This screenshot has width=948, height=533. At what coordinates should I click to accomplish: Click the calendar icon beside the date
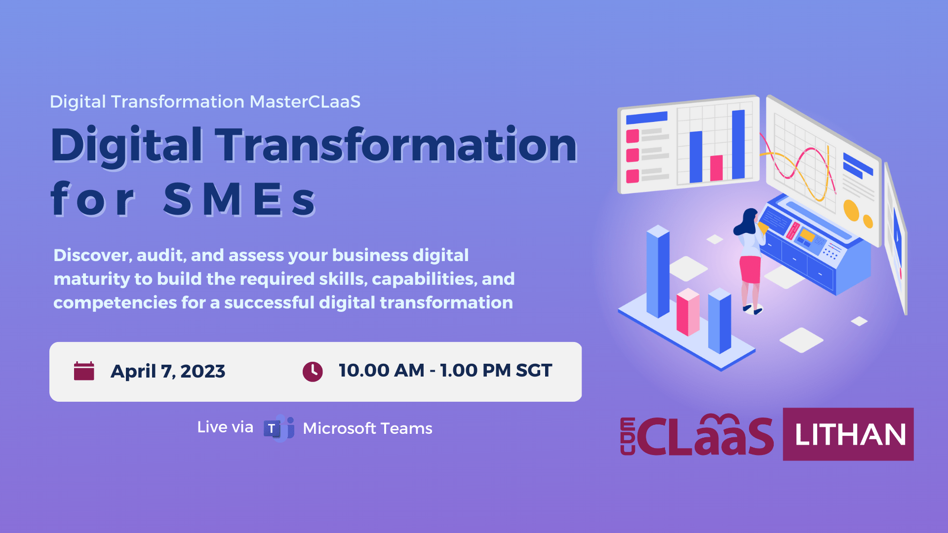click(84, 371)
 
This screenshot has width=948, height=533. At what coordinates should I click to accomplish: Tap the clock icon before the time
click(313, 372)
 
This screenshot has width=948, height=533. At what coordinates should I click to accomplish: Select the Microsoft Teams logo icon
click(279, 428)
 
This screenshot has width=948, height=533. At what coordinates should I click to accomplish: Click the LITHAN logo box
click(848, 434)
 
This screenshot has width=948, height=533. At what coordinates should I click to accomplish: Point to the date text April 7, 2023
click(168, 371)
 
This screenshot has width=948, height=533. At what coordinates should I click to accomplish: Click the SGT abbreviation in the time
click(534, 370)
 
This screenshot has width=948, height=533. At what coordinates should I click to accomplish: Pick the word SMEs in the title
click(239, 199)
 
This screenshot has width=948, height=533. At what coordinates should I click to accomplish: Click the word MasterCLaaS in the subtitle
click(305, 102)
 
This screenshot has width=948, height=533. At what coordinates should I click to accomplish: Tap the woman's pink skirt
click(750, 269)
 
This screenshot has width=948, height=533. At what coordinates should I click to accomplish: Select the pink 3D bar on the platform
click(688, 312)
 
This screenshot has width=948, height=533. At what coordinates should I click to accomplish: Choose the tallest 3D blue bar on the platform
click(658, 271)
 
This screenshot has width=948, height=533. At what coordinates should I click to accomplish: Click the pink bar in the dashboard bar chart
click(716, 168)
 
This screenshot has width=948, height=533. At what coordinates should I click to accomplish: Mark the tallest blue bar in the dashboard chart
click(738, 144)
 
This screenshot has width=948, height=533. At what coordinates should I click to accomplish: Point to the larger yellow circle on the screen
click(851, 210)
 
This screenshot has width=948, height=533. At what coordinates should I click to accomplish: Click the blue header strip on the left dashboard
click(647, 118)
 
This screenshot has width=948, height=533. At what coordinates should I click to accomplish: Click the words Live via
click(225, 427)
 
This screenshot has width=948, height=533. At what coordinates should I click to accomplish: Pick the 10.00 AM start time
click(381, 370)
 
